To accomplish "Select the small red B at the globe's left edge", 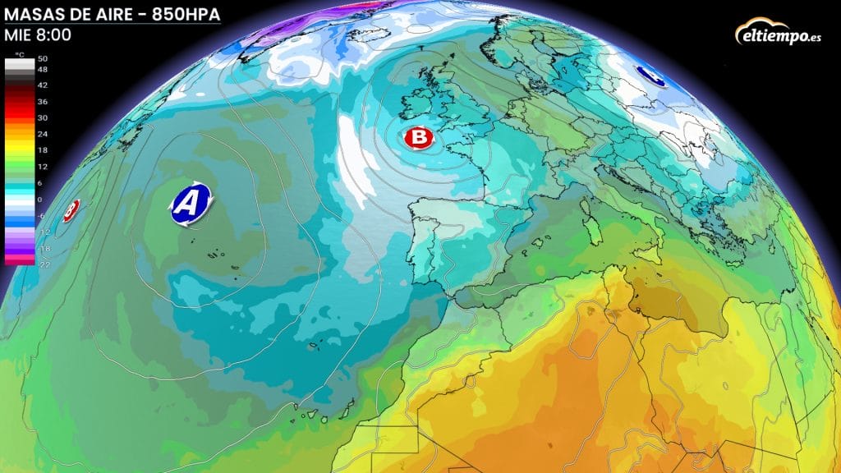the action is pos(71,209).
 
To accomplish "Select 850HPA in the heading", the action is pos(186,13).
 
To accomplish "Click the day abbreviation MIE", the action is pos(18,35).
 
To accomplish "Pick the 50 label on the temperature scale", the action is pos(43,59).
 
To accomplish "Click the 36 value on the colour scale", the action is pos(43,101).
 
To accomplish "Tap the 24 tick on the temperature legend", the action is pos(43,133).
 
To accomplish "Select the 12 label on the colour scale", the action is pos(43,167).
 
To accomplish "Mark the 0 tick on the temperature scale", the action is pos(43,200).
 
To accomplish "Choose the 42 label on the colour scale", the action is pos(43,85).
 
